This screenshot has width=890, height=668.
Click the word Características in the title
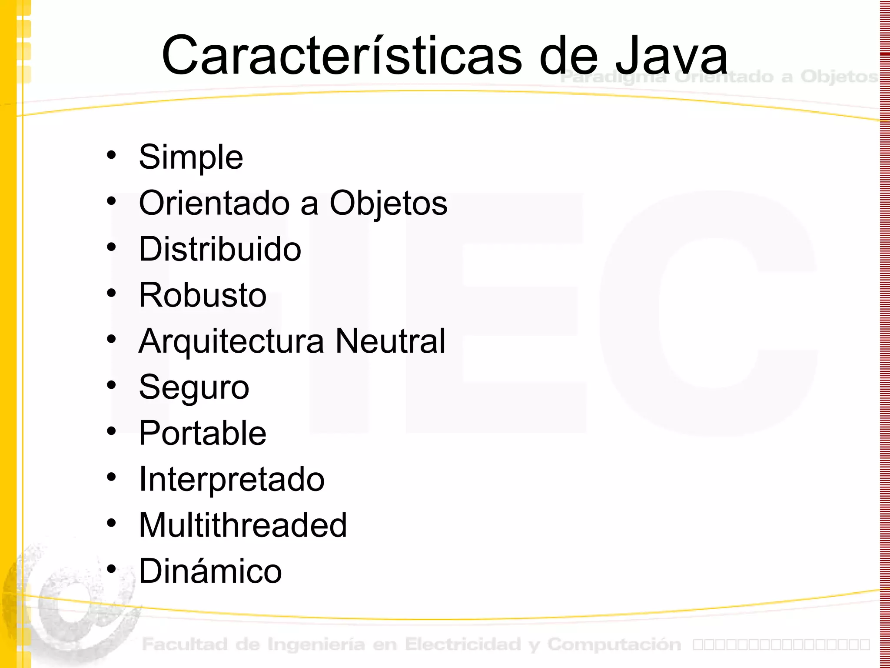341,56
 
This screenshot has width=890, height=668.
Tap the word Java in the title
671,56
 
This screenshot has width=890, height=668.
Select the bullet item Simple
191,157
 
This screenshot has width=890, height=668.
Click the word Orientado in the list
214,203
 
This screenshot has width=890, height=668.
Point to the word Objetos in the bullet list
389,203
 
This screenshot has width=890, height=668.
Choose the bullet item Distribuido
220,249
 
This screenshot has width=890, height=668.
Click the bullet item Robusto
203,295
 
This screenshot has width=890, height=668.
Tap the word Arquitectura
231,341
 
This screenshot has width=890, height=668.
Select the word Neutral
391,341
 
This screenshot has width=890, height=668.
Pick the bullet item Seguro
194,387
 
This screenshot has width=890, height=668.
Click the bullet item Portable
203,434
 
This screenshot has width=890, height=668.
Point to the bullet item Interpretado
232,480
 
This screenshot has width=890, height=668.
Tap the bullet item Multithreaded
243,525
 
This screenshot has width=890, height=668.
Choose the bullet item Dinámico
210,571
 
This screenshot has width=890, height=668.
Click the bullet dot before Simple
112,155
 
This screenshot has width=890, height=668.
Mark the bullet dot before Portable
112,431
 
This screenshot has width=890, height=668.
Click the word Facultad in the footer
185,645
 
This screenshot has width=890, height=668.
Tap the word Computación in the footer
614,645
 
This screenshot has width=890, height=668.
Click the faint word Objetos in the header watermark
839,77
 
